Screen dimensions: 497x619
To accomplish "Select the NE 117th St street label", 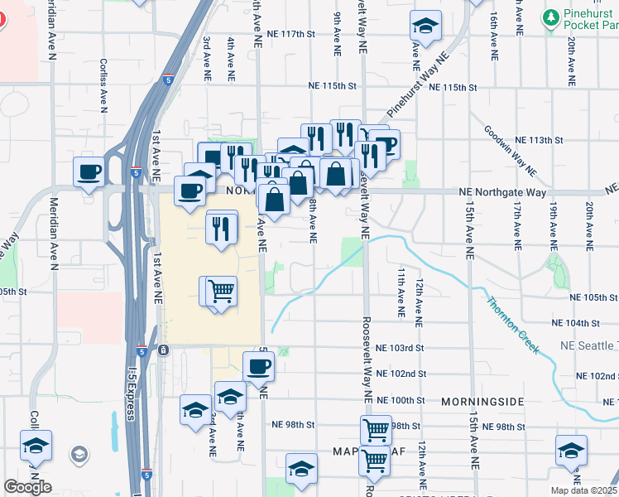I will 292,34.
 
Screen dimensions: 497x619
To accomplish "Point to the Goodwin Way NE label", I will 509,149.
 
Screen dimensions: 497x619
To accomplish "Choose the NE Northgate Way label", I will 503,192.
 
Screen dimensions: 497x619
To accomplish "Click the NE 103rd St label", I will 400,349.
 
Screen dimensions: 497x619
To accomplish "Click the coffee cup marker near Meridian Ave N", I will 89,173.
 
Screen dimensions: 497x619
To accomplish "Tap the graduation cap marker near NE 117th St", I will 425,27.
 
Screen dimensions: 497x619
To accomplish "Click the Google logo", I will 27,487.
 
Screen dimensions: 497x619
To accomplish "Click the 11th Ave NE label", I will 401,292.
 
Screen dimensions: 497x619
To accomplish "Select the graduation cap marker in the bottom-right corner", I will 571,452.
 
